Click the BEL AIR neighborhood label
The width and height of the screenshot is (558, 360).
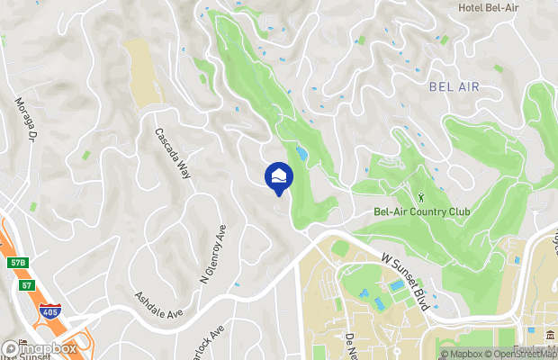click(454, 86)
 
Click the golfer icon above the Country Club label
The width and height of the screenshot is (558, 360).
click(419, 195)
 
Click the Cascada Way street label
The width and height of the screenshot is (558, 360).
click(173, 151)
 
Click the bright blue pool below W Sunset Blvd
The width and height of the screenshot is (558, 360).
click(396, 286)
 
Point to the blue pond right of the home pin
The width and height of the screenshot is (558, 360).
click(301, 155)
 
